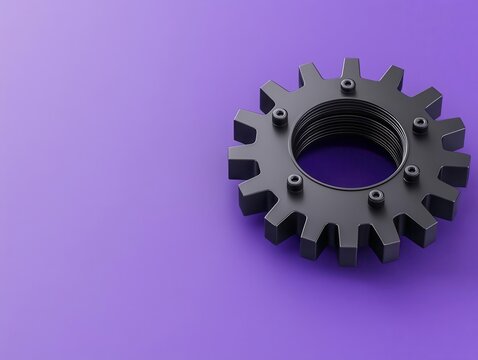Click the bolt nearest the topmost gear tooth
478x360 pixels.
(x=347, y=85)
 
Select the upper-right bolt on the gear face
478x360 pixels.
(x=420, y=124)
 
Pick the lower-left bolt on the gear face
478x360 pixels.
(x=294, y=181)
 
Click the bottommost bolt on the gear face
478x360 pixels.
(x=375, y=195)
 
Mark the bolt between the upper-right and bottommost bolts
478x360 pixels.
(x=411, y=171)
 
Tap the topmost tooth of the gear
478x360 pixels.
(x=350, y=67)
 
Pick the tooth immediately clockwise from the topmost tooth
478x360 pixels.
(x=390, y=76)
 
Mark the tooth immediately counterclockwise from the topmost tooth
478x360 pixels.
(x=309, y=75)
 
